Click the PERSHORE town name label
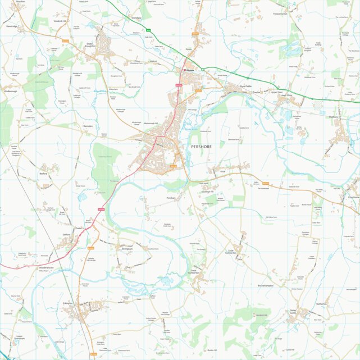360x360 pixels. (201, 146)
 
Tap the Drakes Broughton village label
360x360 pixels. (90, 44)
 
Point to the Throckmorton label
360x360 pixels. (280, 13)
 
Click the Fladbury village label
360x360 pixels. (332, 118)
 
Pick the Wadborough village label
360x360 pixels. (11, 90)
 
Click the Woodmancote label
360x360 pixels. (46, 268)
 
